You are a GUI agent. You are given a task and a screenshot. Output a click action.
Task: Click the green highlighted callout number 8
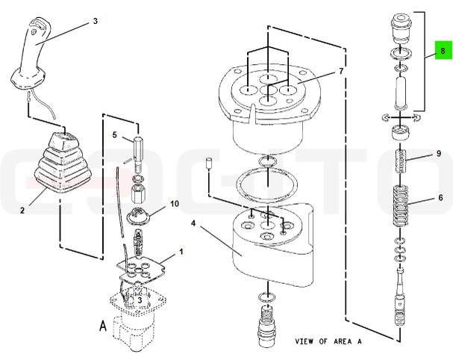[443, 50]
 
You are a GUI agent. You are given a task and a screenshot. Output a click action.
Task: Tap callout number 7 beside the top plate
[341, 71]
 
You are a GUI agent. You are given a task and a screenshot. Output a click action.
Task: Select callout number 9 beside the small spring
[439, 154]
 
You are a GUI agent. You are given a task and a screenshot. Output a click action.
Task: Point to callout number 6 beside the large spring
[440, 197]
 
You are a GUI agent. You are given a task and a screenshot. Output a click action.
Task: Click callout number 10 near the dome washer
[175, 204]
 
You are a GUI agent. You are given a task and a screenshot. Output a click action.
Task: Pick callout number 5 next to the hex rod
[115, 134]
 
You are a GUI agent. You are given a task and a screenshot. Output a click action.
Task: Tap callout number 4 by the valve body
[193, 223]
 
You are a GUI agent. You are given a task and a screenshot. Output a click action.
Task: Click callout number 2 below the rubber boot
[22, 210]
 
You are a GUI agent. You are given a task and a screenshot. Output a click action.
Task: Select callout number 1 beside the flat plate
[181, 252]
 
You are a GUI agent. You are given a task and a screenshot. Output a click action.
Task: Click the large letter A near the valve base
[103, 326]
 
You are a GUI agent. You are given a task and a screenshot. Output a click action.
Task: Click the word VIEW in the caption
[304, 341]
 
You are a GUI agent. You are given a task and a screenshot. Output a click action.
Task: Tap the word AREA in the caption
[343, 341]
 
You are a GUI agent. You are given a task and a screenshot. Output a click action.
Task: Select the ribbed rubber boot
[63, 163]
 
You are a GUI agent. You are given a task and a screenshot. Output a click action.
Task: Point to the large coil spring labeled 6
[401, 206]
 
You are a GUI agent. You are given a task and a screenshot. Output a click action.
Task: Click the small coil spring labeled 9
[400, 161]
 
